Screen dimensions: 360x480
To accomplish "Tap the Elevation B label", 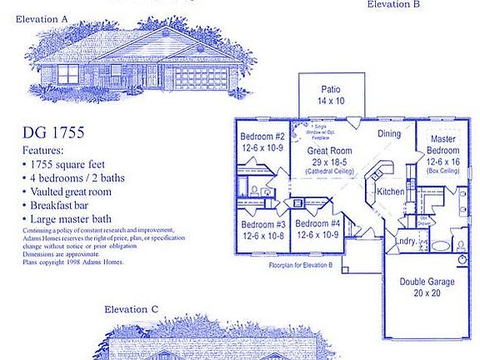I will [394, 4].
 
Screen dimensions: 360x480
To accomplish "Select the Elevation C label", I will [132, 309].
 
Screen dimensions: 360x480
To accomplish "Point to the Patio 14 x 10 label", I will [330, 93].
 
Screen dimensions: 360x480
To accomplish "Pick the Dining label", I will [389, 133].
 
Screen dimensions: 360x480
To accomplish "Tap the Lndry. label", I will [406, 242].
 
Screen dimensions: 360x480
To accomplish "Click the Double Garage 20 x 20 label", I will [427, 287].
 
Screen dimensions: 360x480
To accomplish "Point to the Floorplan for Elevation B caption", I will [301, 265].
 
